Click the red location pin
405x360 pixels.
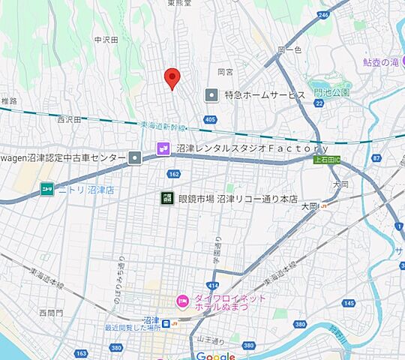coord(172,77)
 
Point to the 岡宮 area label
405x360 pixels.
coord(226,72)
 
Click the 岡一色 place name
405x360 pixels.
coord(289,50)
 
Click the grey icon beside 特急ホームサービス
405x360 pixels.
coord(211,95)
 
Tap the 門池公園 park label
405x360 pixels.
coord(332,92)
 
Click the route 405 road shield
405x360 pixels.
coord(209,120)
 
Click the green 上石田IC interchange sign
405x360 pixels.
coord(326,159)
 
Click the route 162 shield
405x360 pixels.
coord(174,174)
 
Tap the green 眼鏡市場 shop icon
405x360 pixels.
coord(165,199)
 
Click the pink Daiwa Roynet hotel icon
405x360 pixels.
coord(181,301)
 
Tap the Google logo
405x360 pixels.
coord(216,355)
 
